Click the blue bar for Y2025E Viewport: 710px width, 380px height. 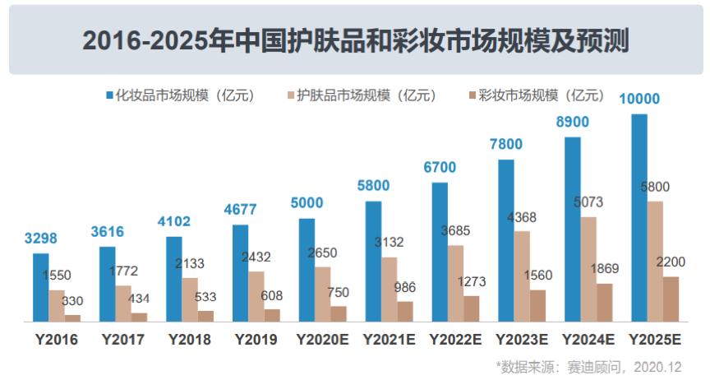click(639, 217)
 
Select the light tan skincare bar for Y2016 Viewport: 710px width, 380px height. click(57, 305)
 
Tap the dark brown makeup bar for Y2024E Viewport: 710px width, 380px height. click(604, 302)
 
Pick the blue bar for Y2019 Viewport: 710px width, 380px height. click(240, 272)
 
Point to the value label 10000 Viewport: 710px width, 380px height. click(639, 100)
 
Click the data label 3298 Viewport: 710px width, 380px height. click(41, 239)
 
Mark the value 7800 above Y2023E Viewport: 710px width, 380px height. click(506, 145)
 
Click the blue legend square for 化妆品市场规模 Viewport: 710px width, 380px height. click(109, 95)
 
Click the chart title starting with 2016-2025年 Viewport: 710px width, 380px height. click(355, 39)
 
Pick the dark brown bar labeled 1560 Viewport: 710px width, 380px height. click(537, 305)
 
